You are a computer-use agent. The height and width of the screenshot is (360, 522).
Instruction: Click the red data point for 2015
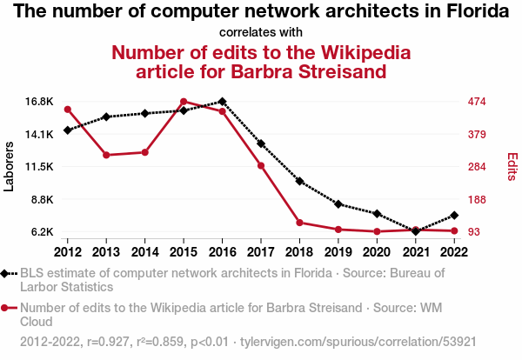pyautogui.click(x=184, y=102)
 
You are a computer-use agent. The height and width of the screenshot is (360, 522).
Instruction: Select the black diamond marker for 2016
pyautogui.click(x=223, y=102)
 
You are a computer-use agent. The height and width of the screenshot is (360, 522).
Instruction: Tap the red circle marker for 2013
pyautogui.click(x=106, y=155)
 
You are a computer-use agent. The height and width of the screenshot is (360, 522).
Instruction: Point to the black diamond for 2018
pyautogui.click(x=299, y=182)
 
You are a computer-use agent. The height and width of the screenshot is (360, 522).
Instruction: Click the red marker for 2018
pyautogui.click(x=299, y=223)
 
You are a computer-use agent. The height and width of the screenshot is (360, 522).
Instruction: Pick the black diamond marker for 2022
pyautogui.click(x=454, y=216)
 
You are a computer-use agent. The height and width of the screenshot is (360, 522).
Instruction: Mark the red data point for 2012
pyautogui.click(x=68, y=110)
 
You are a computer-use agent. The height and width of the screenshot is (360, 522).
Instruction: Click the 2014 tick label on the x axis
pyautogui.click(x=144, y=252)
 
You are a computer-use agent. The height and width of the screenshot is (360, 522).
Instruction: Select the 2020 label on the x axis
pyautogui.click(x=377, y=252)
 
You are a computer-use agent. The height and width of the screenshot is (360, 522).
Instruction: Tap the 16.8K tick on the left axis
pyautogui.click(x=39, y=102)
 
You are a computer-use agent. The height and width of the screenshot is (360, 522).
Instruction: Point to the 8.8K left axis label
pyautogui.click(x=43, y=200)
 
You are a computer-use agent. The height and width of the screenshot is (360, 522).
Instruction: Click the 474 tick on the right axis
pyautogui.click(x=477, y=102)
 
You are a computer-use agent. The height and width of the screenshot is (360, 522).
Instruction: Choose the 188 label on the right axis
pyautogui.click(x=477, y=200)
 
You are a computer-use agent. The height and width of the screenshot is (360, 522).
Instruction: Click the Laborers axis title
pyautogui.click(x=9, y=167)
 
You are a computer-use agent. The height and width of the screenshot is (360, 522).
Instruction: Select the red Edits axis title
pyautogui.click(x=512, y=167)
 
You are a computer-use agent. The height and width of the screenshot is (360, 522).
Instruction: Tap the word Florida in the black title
pyautogui.click(x=478, y=11)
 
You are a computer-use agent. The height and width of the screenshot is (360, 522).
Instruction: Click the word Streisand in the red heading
pyautogui.click(x=342, y=71)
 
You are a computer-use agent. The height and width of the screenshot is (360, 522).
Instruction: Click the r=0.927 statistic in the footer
pyautogui.click(x=108, y=342)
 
